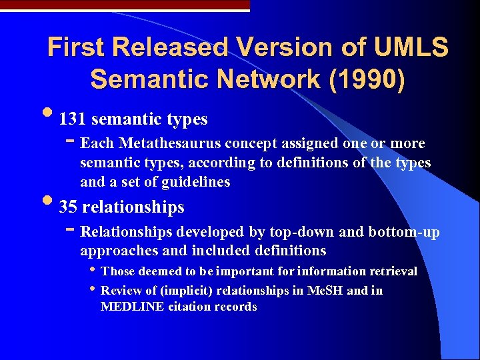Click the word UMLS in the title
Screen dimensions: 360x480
[411, 48]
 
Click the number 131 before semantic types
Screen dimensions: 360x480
[73, 120]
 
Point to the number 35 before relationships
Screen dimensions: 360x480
[67, 207]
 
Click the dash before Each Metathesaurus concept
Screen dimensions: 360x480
[71, 142]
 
